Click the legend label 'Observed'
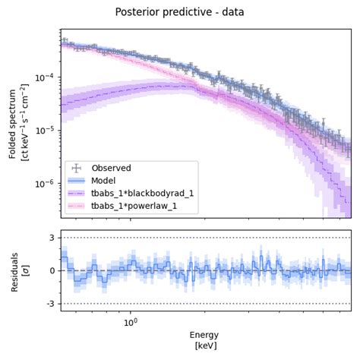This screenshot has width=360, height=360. coord(111,168)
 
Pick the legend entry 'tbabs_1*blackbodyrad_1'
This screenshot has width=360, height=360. coord(142,193)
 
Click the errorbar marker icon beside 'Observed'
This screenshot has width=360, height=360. coord(76,168)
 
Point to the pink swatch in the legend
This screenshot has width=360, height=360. coord(76,206)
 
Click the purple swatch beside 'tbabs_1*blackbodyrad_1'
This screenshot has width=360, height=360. coord(76,193)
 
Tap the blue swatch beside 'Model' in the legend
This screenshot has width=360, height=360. coord(76,181)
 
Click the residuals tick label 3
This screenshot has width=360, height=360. coord(52,238)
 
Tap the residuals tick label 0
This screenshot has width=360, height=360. coord(52,271)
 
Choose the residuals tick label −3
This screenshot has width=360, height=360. coord(50,304)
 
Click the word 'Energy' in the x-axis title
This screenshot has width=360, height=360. coord(205,334)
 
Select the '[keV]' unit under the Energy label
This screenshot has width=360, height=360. coord(205,346)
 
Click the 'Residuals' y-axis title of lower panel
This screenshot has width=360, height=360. coord(13,270)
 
